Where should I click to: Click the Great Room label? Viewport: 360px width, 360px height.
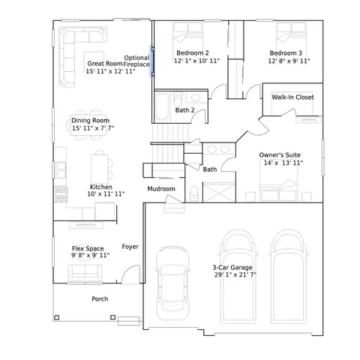pos(105,64)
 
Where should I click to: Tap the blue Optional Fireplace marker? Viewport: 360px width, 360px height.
pos(151,61)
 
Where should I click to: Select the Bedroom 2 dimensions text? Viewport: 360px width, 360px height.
pos(196,61)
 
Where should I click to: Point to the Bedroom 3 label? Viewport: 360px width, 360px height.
pos(286,53)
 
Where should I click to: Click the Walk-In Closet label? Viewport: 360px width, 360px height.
pos(292,97)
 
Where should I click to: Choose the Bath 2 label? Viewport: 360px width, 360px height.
pos(184,110)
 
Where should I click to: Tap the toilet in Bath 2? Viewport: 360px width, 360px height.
pos(178,100)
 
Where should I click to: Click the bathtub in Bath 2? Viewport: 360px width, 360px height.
pos(162,106)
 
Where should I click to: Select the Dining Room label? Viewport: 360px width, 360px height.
pos(90,120)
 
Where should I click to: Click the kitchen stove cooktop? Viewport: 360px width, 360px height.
pos(61,194)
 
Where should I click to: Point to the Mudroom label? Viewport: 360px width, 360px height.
pos(161,189)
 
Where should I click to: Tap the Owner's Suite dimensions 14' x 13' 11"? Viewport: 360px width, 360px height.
pos(283,163)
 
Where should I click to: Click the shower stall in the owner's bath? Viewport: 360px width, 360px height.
pos(219,193)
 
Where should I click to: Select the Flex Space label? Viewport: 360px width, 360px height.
pos(88,248)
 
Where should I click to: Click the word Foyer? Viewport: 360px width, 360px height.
pos(130,247)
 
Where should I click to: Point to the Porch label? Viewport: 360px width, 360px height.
pos(100,299)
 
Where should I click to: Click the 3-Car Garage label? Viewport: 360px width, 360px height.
pos(232,268)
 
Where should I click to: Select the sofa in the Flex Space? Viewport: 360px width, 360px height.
pos(85,272)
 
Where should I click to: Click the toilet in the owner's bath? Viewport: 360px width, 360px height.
pos(194,193)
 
